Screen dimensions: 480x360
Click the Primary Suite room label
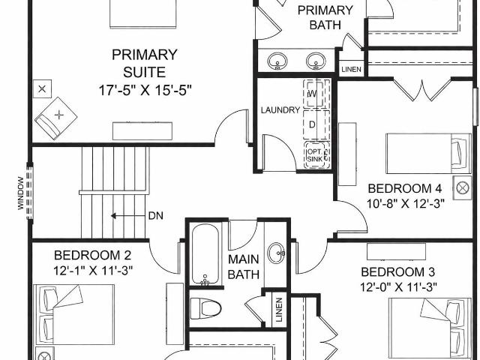coord(145,63)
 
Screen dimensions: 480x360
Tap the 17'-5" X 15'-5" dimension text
coord(145,90)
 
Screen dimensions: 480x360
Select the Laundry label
coord(280,110)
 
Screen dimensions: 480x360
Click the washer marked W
coord(313,93)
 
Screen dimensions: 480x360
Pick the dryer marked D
coord(313,124)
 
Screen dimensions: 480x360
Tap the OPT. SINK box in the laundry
coord(316,155)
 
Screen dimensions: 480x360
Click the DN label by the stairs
coord(155,216)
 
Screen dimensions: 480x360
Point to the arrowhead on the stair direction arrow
coord(113,216)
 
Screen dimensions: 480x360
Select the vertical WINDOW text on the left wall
coord(20,193)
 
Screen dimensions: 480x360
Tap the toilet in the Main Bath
coord(205,308)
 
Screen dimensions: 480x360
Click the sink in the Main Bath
coord(276,253)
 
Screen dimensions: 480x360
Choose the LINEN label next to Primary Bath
coord(351,70)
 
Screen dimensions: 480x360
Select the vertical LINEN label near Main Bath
coord(279,310)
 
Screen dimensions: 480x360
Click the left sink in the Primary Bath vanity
coord(277,61)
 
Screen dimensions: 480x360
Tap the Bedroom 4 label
coord(405,188)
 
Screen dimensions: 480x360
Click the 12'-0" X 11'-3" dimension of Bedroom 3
coord(398,287)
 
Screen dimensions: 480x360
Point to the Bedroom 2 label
coord(92,255)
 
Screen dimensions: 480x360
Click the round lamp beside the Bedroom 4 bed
coord(463,188)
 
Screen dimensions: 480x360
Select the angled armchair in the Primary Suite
coord(55,118)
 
